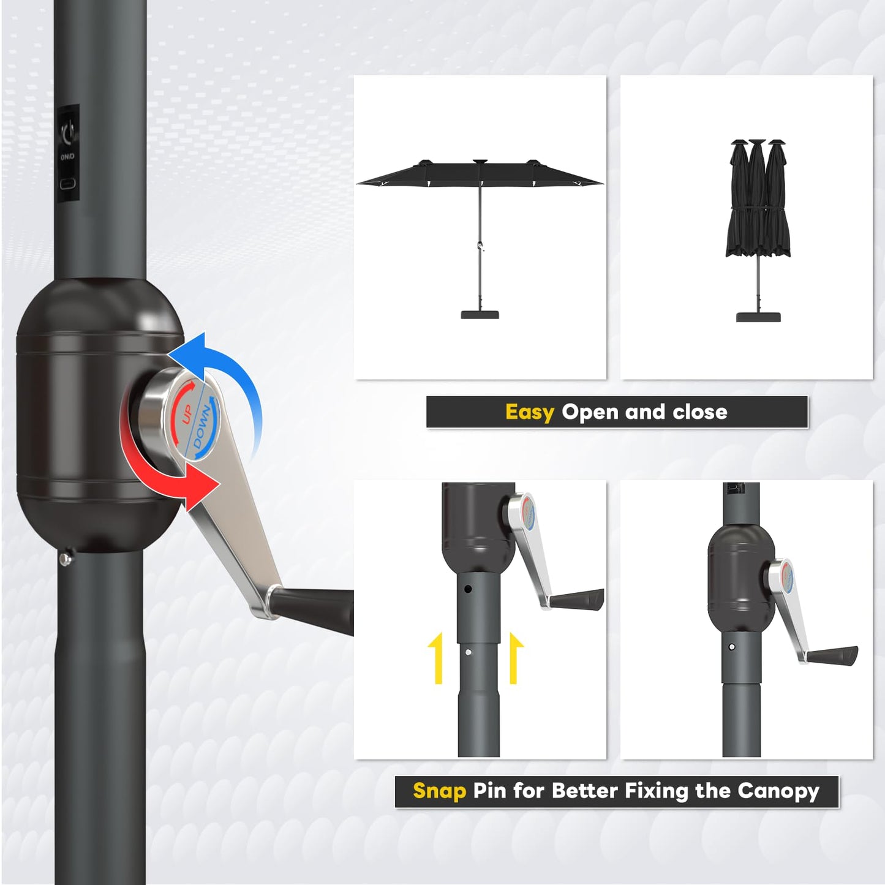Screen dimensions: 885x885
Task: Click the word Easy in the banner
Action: pyautogui.click(x=529, y=413)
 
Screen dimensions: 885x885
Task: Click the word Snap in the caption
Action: pyautogui.click(x=439, y=791)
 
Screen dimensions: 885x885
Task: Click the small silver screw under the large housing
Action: pyautogui.click(x=65, y=558)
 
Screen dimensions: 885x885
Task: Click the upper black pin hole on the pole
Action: pyautogui.click(x=468, y=589)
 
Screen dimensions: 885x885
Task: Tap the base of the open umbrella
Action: pyautogui.click(x=480, y=315)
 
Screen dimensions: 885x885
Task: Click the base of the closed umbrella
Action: pyautogui.click(x=758, y=317)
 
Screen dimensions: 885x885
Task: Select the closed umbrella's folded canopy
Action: pyautogui.click(x=758, y=202)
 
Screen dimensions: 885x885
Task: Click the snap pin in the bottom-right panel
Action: pyautogui.click(x=732, y=647)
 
